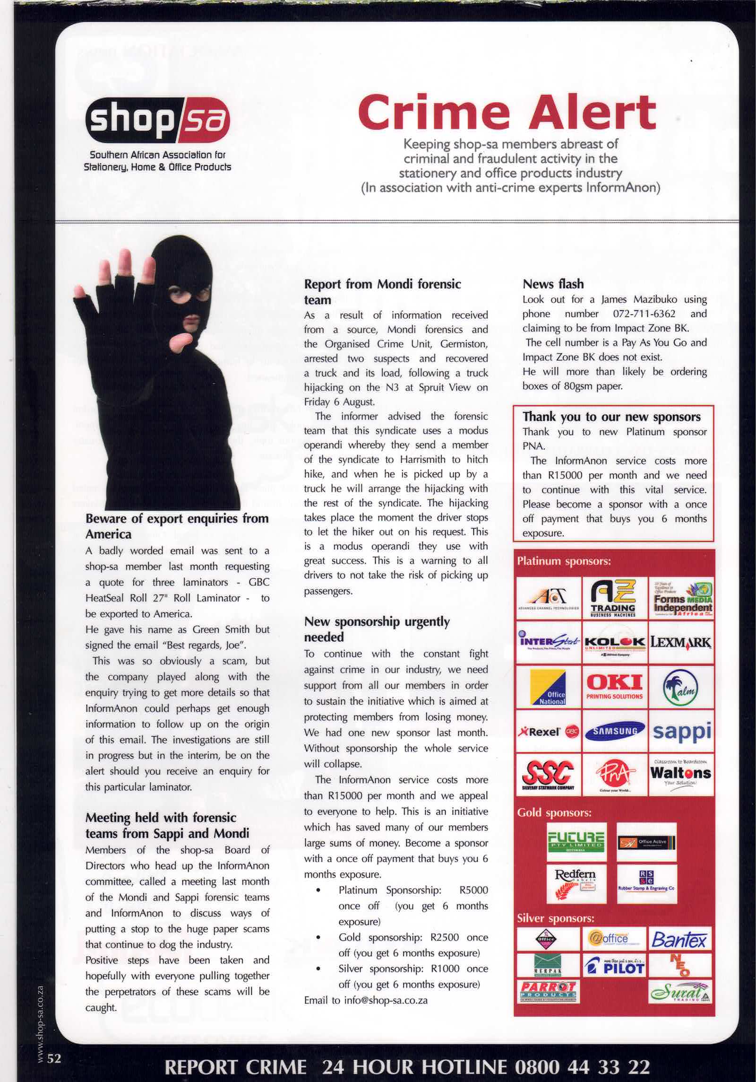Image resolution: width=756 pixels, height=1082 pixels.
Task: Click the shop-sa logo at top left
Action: pos(157,120)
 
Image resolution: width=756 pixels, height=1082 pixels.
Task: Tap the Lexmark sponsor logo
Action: pos(680,643)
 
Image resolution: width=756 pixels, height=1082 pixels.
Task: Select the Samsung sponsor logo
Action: pos(615,730)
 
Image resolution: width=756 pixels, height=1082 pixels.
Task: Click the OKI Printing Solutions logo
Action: pos(614,686)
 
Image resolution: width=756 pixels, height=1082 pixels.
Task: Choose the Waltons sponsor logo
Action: pos(680,774)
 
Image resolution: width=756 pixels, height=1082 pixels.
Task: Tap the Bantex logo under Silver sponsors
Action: pos(679,939)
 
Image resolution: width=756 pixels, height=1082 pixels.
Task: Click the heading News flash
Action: pos(553,284)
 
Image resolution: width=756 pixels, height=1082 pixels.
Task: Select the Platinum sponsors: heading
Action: pos(564,561)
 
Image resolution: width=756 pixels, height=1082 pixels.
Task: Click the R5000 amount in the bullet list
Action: pos(473,890)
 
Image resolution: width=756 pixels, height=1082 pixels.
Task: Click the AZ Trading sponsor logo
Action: pos(613,598)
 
